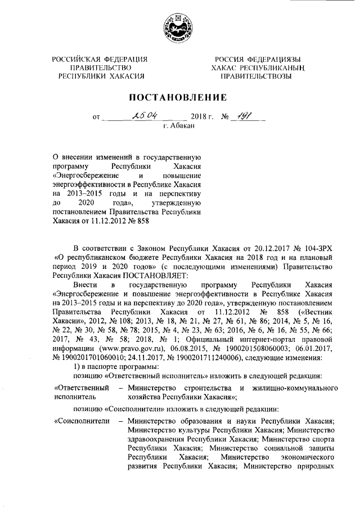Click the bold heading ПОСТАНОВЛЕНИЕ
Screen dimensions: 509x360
pos(179,97)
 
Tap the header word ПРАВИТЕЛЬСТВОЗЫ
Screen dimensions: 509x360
pos(256,76)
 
